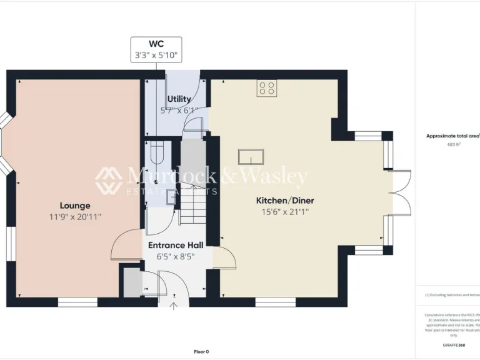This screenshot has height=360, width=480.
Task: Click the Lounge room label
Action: (x=75, y=206)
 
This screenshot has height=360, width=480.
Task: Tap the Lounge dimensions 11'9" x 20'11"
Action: (x=75, y=217)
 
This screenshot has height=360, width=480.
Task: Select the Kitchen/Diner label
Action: (x=285, y=201)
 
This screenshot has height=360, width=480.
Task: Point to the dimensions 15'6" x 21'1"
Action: (x=285, y=212)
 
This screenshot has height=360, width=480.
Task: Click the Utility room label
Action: (x=179, y=99)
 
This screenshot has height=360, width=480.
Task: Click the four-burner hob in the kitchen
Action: (x=267, y=88)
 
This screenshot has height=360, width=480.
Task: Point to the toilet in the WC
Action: (x=156, y=150)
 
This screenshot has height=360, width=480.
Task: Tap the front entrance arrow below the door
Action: (x=174, y=306)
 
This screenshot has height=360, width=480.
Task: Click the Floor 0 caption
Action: (x=202, y=351)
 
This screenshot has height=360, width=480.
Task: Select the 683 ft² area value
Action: (x=453, y=144)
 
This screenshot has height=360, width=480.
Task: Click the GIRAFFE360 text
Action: (x=454, y=345)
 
